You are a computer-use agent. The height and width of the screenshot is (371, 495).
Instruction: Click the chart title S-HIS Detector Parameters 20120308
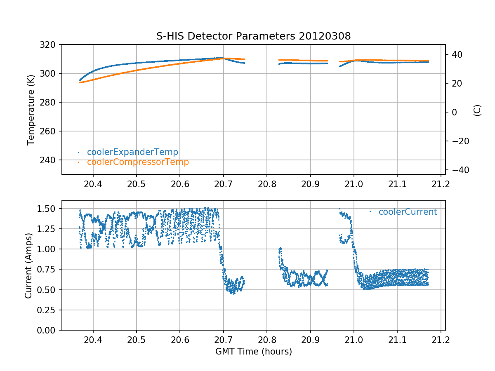pyautogui.click(x=253, y=36)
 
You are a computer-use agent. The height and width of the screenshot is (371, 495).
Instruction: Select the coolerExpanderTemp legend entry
pyautogui.click(x=132, y=152)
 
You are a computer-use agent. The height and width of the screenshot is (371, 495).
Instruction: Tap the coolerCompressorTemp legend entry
pyautogui.click(x=138, y=162)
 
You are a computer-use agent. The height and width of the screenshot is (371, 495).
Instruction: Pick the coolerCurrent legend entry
pyautogui.click(x=408, y=212)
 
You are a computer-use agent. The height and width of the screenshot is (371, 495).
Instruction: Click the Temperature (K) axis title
pyautogui.click(x=31, y=109)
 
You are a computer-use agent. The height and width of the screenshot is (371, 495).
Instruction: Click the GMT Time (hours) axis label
pyautogui.click(x=253, y=352)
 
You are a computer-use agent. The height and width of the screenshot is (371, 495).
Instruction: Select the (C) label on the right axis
pyautogui.click(x=477, y=110)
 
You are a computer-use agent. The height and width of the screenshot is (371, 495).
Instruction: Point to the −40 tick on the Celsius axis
pyautogui.click(x=456, y=170)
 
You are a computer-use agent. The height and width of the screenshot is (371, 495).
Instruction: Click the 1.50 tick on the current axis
pyautogui.click(x=48, y=209)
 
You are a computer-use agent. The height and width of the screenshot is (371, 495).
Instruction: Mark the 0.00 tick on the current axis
pyautogui.click(x=48, y=330)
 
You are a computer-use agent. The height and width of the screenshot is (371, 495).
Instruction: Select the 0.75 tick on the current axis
pyautogui.click(x=48, y=270)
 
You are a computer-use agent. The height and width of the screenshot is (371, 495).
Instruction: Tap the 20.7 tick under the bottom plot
pyautogui.click(x=223, y=339)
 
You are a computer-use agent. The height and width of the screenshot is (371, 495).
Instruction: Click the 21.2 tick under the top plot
pyautogui.click(x=441, y=183)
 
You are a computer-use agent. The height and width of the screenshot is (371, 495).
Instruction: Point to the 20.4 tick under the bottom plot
pyautogui.click(x=93, y=339)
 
